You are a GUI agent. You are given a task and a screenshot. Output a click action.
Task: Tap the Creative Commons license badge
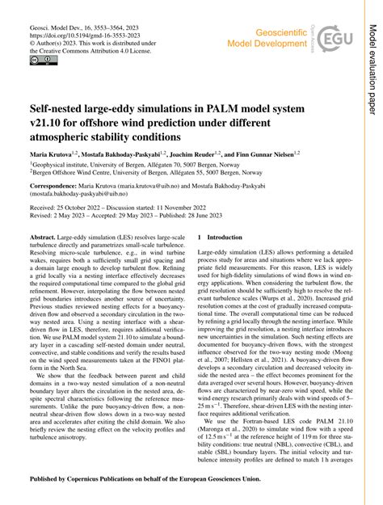pyautogui.click(x=40, y=60)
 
